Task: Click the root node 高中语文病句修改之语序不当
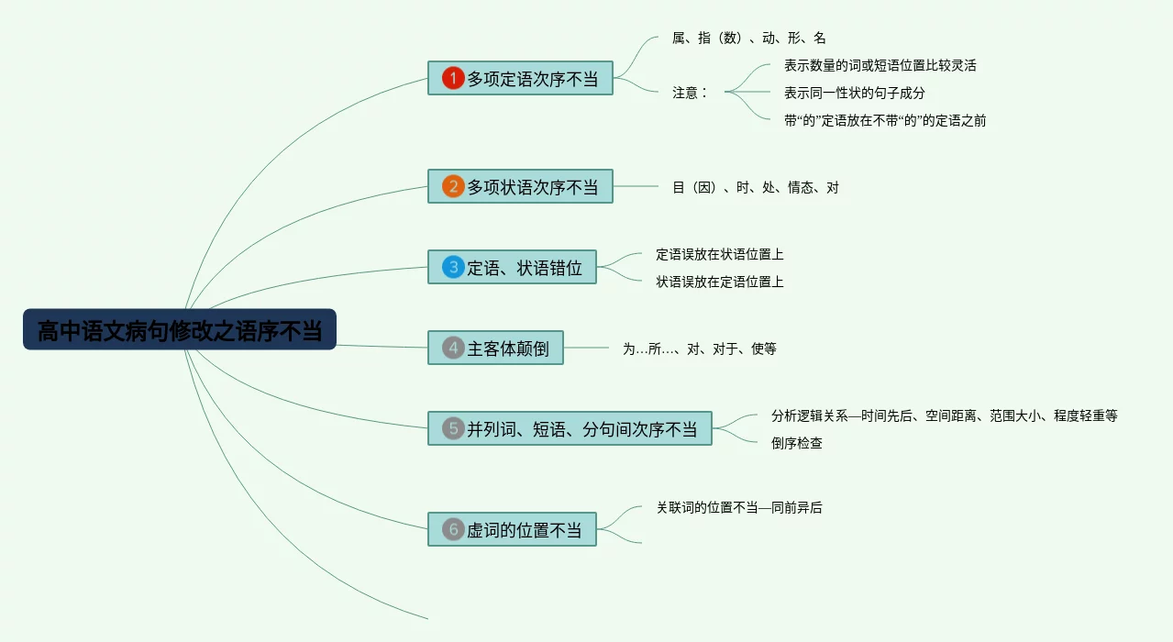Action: coord(180,329)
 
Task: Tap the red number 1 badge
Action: coord(453,78)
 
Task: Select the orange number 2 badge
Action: coord(453,186)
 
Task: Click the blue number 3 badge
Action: coord(453,267)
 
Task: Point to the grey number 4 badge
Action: coord(453,348)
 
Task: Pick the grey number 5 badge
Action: coord(453,428)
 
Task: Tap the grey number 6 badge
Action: coord(453,529)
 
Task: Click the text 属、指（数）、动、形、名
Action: coord(748,38)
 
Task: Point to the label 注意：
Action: coord(690,92)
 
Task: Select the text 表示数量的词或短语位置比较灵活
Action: coord(880,65)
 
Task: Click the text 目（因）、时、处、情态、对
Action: coord(755,187)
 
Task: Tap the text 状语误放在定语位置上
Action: coord(719,282)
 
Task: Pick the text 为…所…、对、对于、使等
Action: coord(699,349)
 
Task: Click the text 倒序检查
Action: coord(796,443)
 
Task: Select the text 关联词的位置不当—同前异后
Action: coord(738,507)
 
